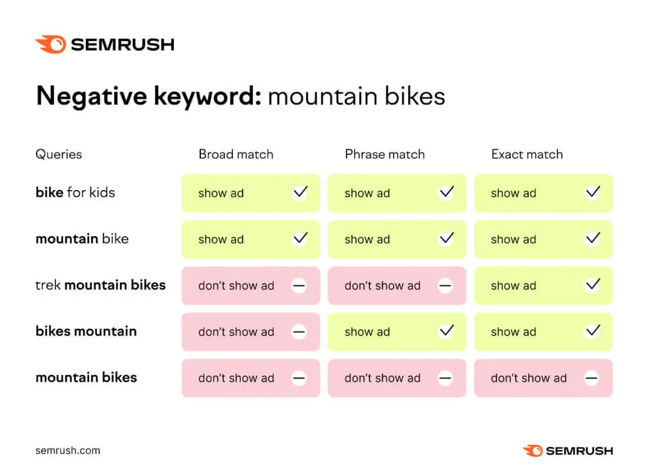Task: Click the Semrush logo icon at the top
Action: click(51, 44)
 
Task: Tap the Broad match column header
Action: click(236, 154)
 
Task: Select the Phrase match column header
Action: click(385, 154)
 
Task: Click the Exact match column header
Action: click(527, 154)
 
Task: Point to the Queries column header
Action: click(58, 155)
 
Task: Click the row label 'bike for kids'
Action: click(75, 192)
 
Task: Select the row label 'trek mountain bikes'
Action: click(101, 285)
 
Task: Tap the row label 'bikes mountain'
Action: click(86, 331)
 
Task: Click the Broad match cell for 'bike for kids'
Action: click(250, 193)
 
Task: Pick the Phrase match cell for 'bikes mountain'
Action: click(396, 331)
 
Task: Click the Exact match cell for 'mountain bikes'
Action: click(543, 378)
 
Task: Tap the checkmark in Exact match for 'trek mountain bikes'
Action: click(593, 284)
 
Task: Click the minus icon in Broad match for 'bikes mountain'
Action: click(299, 331)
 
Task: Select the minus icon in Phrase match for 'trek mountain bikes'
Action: click(445, 285)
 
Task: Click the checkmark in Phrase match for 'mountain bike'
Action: click(447, 238)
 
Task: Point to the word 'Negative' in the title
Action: click(92, 96)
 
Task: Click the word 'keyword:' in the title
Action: click(208, 96)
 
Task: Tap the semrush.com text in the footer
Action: click(68, 451)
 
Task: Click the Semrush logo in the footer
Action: click(568, 451)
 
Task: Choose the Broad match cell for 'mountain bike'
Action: click(250, 239)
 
